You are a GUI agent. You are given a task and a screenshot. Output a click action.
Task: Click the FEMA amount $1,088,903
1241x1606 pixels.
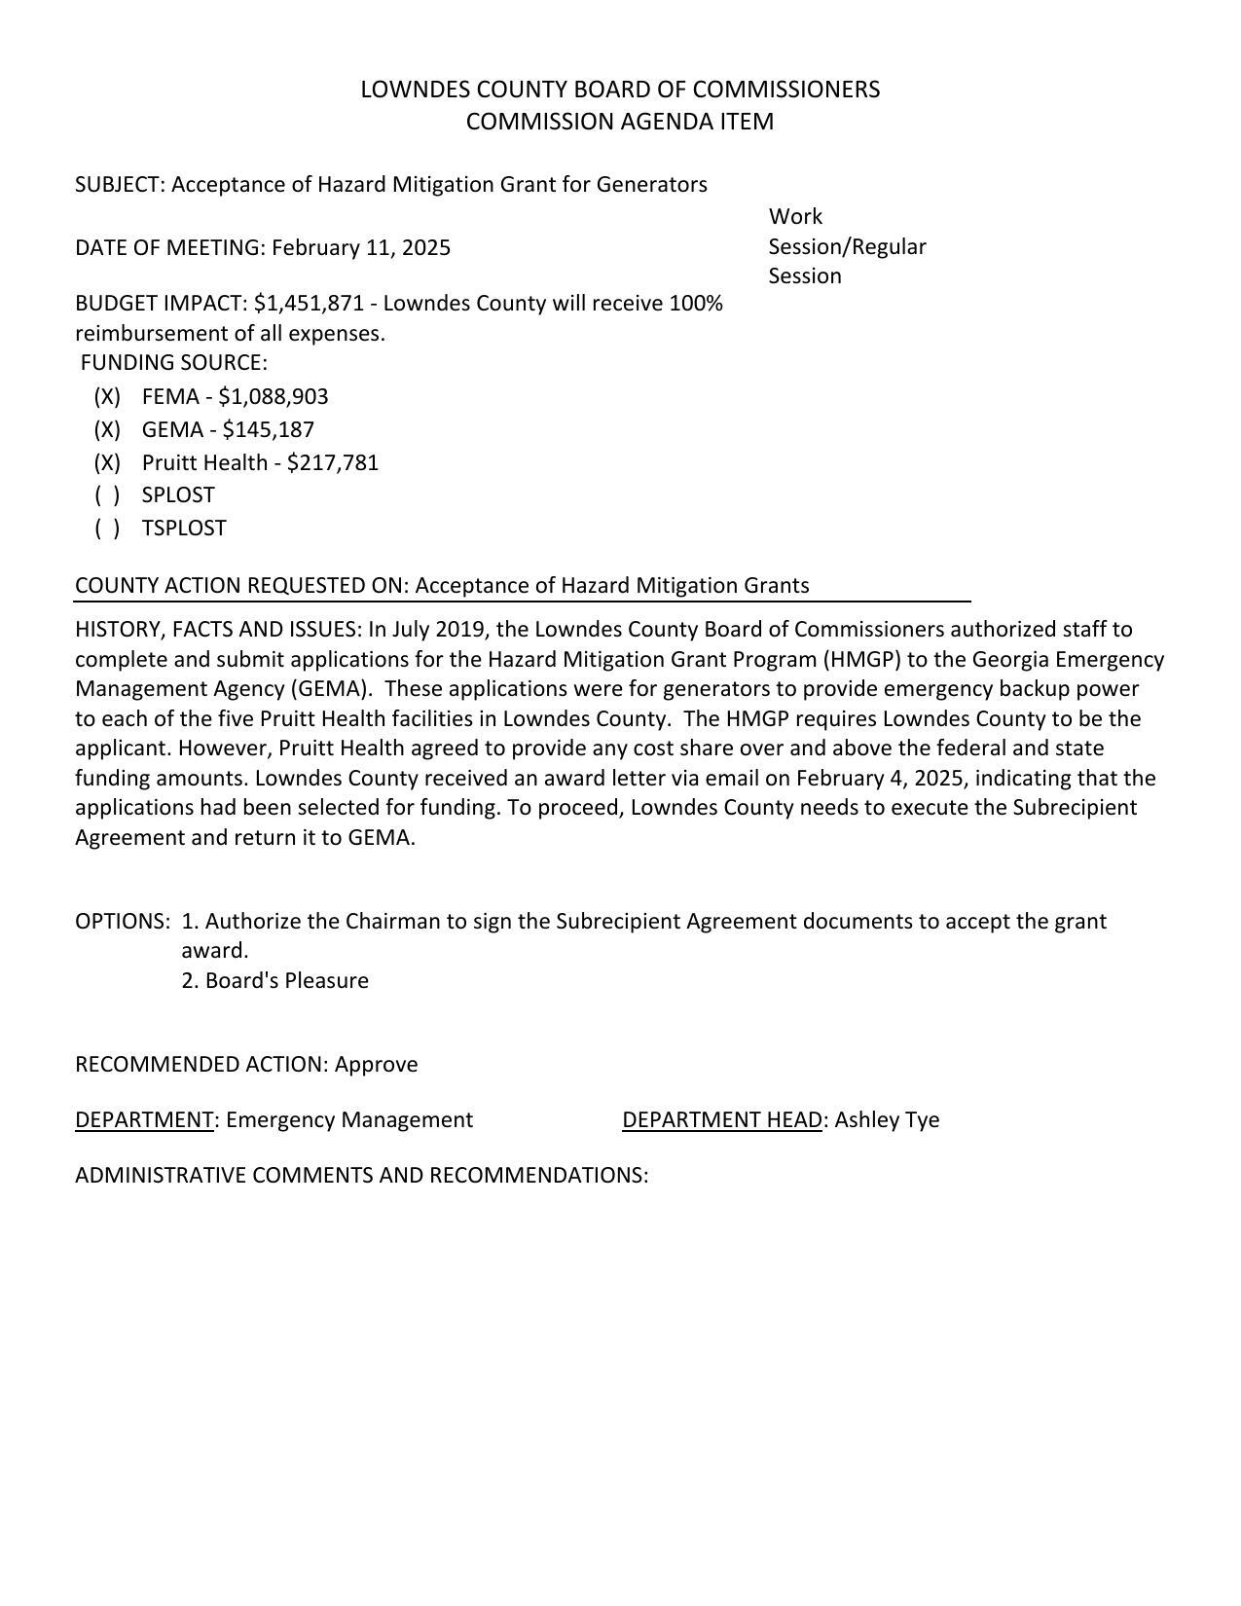click(274, 397)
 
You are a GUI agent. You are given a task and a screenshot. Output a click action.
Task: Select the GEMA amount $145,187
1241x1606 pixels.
click(269, 430)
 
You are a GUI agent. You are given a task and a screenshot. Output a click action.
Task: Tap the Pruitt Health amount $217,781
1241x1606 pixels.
click(333, 463)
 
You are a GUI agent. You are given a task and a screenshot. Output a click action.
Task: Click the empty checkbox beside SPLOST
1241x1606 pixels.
click(107, 495)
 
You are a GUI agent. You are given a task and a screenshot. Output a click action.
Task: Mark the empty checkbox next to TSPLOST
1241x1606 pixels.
click(107, 529)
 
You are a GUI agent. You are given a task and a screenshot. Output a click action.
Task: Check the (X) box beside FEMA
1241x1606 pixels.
click(107, 397)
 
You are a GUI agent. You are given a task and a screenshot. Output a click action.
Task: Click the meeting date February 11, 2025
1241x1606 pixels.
click(361, 248)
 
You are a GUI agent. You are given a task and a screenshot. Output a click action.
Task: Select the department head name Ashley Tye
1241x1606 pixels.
click(887, 1120)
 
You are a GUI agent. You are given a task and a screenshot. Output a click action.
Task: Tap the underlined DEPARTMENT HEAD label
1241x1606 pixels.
click(722, 1120)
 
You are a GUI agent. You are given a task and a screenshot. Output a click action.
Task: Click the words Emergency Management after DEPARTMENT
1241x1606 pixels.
click(349, 1120)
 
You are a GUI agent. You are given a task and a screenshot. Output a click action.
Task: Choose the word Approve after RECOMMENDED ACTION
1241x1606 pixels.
click(376, 1065)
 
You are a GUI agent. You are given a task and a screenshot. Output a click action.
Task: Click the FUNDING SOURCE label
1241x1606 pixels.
click(173, 363)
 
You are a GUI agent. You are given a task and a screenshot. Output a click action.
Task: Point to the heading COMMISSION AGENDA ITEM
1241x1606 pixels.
click(620, 122)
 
